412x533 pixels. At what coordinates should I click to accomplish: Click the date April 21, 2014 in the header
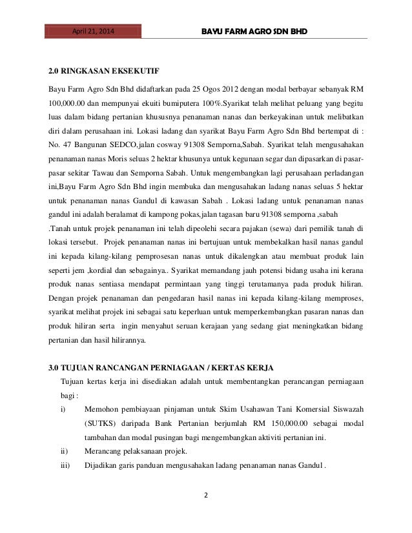click(x=91, y=30)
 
